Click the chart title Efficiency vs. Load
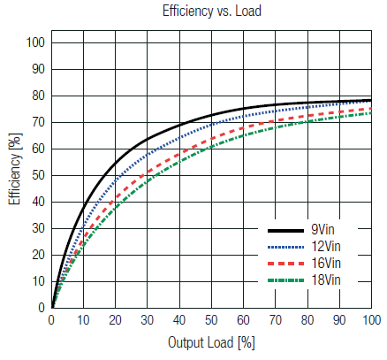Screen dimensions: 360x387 [x=211, y=11]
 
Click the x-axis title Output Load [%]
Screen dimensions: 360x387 [x=211, y=342]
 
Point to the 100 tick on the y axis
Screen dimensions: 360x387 [x=36, y=42]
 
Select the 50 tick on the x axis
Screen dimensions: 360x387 [x=212, y=319]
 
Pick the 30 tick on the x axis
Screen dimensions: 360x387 [x=148, y=319]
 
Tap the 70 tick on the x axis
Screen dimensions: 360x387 [x=276, y=319]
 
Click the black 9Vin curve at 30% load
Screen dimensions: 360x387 [x=148, y=138]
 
